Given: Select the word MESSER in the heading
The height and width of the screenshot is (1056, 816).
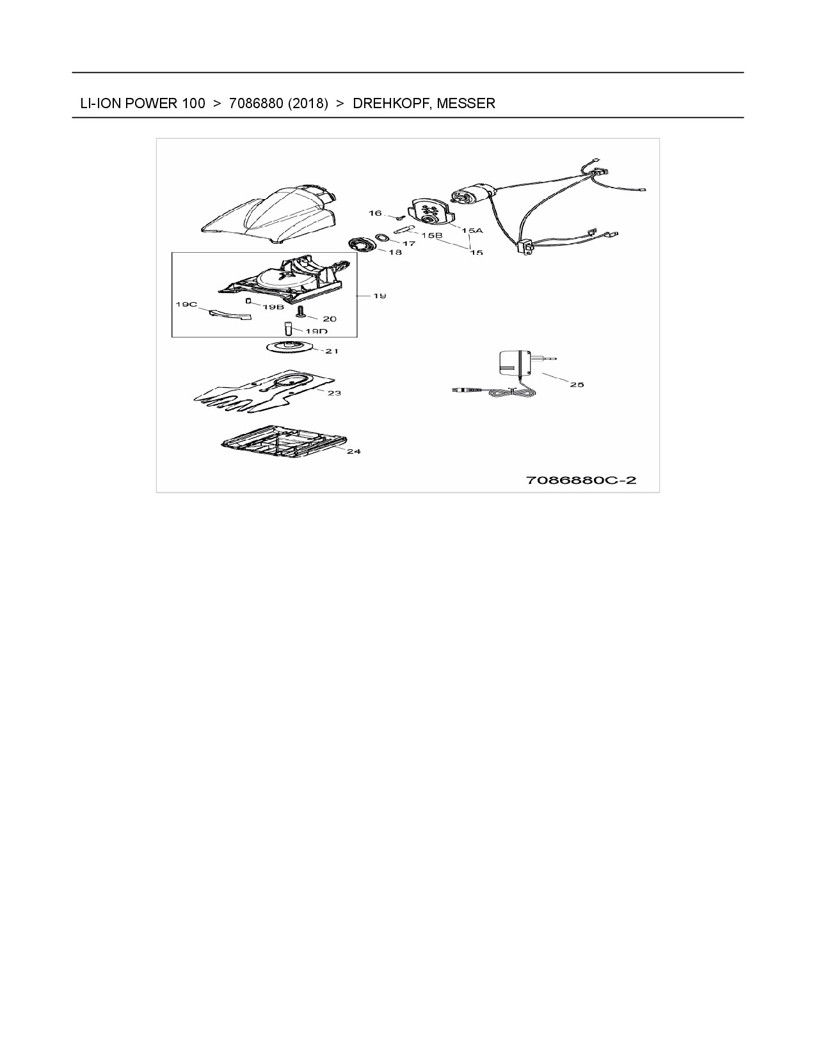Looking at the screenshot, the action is [466, 104].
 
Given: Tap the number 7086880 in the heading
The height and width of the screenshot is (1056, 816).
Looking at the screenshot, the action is [256, 104].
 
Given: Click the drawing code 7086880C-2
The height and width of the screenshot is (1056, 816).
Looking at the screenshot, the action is [581, 480].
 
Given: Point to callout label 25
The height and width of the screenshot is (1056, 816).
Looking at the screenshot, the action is [577, 385].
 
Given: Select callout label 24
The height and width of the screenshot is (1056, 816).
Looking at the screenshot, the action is [354, 451].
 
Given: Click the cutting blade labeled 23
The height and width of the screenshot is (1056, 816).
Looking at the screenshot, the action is [265, 391].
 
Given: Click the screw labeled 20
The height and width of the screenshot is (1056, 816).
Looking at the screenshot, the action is [300, 312].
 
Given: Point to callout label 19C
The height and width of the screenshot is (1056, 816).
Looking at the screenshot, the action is [186, 304].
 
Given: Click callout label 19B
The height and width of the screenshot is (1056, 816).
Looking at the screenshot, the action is [273, 307].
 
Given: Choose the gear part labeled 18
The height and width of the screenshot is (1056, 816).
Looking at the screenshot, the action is [362, 243].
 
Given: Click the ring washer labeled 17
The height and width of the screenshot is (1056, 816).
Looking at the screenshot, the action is [383, 237].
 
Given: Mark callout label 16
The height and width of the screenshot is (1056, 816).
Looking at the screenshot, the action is [375, 213].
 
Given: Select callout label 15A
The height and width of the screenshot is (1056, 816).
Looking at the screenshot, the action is [472, 230].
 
